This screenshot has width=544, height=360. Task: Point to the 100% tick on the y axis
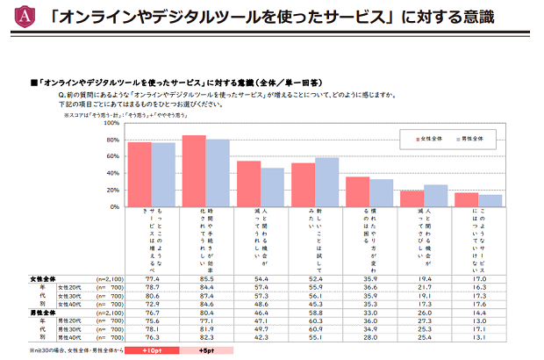111,124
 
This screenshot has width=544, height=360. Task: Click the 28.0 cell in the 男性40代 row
357,335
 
